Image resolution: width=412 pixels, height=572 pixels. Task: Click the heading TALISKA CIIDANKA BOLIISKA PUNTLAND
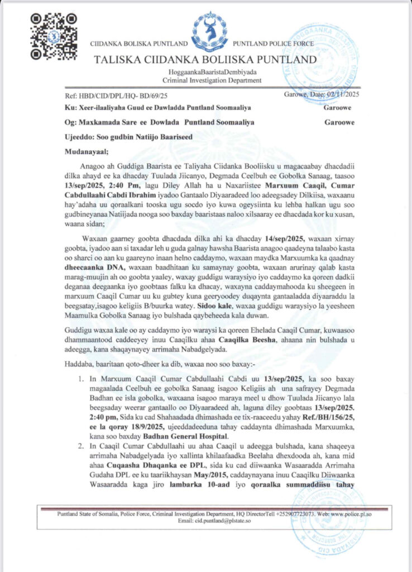pos(205,60)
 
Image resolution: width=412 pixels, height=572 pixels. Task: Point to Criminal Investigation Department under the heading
pos(207,80)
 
